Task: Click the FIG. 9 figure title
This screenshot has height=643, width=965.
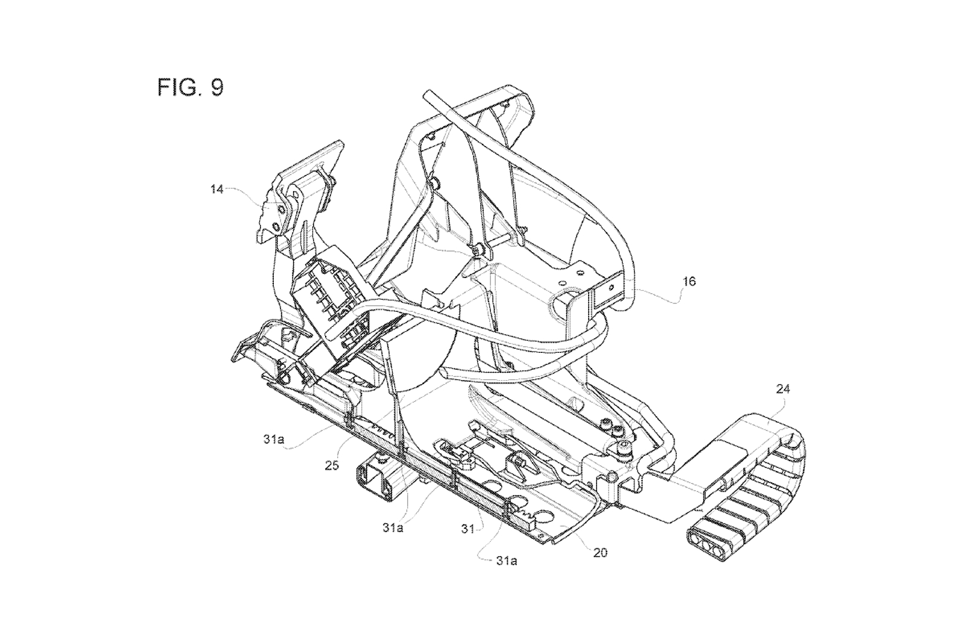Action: tap(191, 87)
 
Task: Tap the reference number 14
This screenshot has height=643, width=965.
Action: tap(217, 189)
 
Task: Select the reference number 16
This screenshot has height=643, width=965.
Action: tap(689, 281)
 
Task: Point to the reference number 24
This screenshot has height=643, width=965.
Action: tap(782, 389)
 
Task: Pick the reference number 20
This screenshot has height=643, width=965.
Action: tap(600, 552)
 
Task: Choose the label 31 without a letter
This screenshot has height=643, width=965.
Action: tap(467, 529)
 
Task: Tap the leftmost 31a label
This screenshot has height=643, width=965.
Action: tap(273, 439)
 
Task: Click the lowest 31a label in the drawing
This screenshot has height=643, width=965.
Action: tap(506, 560)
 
